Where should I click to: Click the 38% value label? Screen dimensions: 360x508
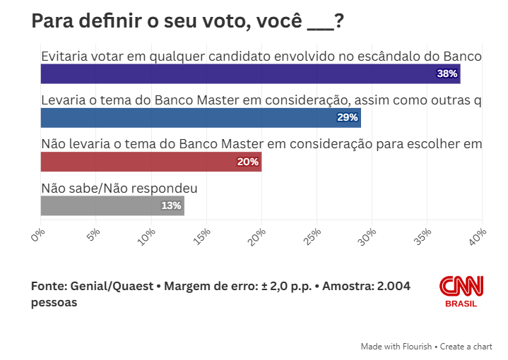[447, 73]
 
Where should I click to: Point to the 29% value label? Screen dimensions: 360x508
[348, 117]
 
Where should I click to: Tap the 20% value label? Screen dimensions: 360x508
[248, 162]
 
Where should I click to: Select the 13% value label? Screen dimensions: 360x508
[171, 205]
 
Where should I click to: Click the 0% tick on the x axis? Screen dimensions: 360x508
[38, 234]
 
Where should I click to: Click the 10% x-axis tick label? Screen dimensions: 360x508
[148, 236]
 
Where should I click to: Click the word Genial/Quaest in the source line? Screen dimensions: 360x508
[111, 287]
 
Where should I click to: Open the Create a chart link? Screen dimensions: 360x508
[467, 347]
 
